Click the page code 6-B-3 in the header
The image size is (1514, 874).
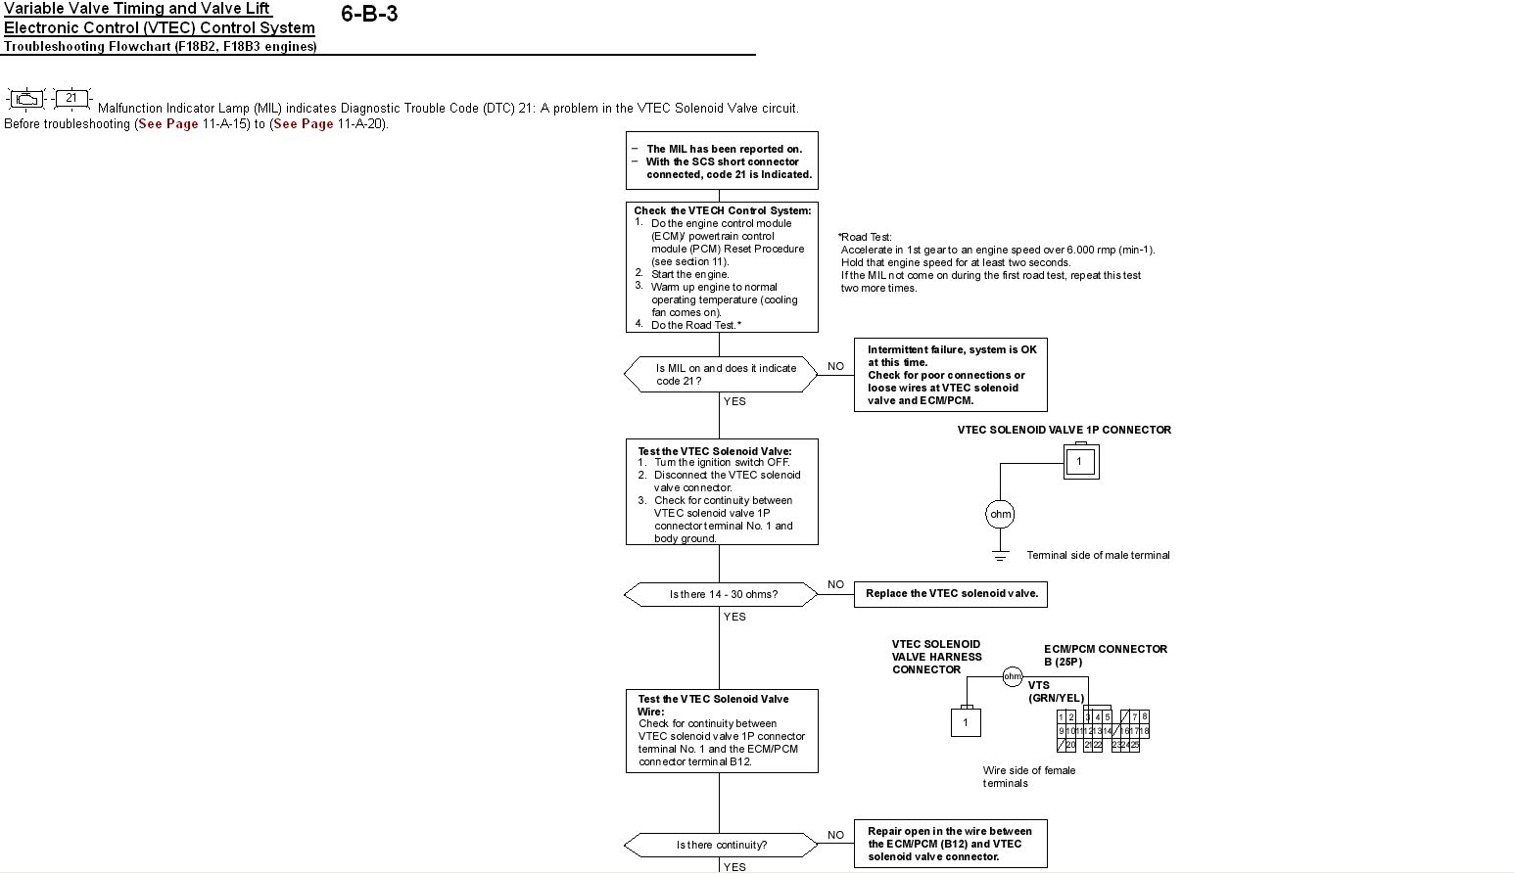point(369,14)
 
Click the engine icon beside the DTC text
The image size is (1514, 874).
point(26,99)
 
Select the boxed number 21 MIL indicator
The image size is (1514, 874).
point(71,98)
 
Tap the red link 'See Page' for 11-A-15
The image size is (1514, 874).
point(168,124)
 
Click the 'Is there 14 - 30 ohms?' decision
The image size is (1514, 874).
point(721,594)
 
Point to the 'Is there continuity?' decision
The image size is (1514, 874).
point(721,845)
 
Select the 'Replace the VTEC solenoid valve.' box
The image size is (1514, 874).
point(950,594)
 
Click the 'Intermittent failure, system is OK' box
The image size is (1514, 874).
point(950,375)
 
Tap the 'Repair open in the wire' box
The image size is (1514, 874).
point(950,844)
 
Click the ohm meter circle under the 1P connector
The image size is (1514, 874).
point(1000,514)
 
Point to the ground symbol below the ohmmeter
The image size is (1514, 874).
point(1000,556)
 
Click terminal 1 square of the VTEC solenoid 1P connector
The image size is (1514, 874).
point(1079,461)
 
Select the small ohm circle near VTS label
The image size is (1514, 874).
point(1013,676)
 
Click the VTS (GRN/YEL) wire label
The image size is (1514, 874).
point(1056,692)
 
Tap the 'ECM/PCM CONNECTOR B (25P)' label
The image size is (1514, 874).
point(1105,655)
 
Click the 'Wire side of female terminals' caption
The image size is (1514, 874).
point(1028,776)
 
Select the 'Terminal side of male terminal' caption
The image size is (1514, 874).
point(1098,555)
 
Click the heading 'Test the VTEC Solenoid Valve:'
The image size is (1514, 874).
point(715,451)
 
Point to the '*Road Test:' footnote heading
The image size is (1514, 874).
point(866,237)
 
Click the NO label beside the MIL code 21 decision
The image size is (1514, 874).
point(835,366)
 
